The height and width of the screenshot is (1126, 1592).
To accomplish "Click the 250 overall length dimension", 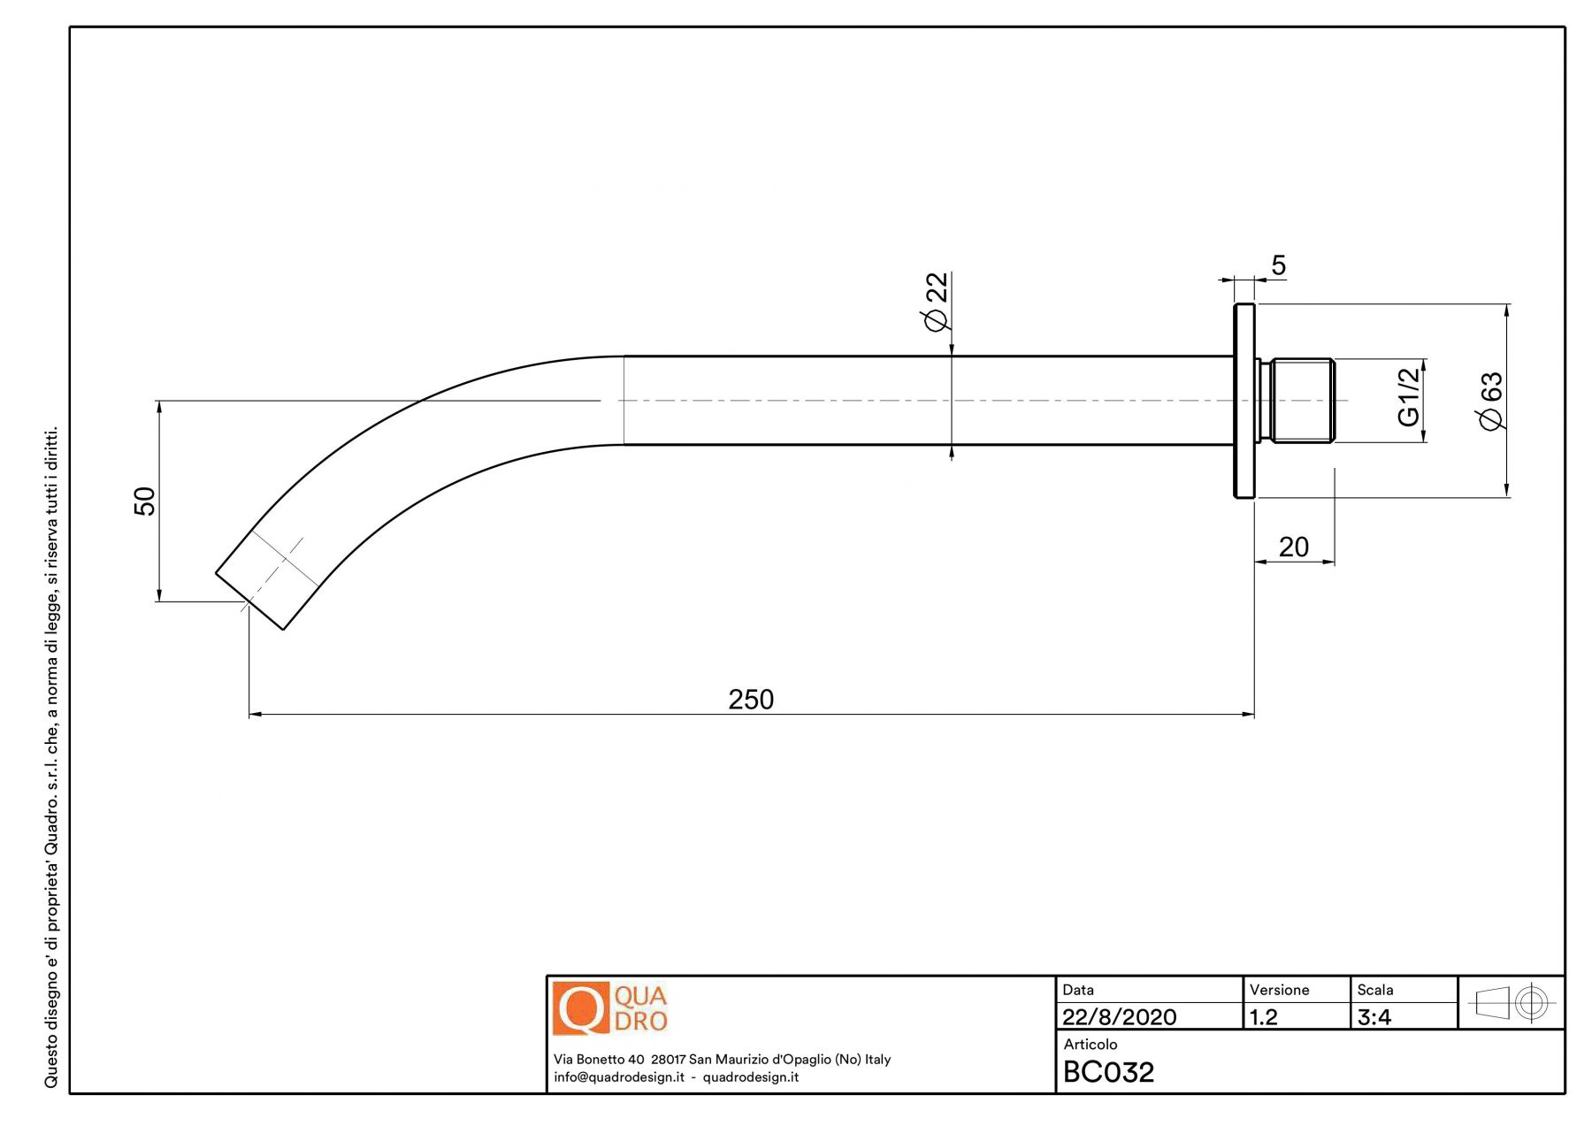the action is coord(751,700).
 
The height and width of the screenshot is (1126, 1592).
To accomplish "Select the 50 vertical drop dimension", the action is coord(144,501).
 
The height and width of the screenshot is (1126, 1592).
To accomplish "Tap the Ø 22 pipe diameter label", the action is coord(936,302).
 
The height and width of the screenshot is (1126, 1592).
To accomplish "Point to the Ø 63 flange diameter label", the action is coord(1491,401).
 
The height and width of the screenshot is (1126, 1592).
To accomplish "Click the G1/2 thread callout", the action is coord(1408,396).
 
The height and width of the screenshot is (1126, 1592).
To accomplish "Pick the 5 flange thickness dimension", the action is coord(1278,265).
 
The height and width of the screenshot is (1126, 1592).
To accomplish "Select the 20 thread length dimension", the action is coord(1293,548).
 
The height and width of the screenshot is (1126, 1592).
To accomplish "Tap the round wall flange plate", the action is coord(1244,401).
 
